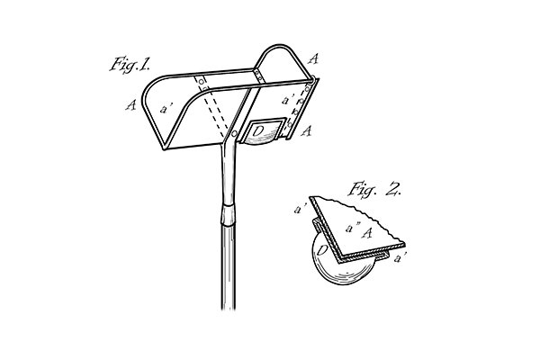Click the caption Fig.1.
130,65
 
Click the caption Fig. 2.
374,189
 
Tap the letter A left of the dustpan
130,104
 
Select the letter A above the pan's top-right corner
313,58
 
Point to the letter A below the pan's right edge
307,130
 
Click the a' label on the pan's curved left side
166,109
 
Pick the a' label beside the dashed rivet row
288,100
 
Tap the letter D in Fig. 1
257,130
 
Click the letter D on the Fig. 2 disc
321,250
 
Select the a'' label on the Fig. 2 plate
353,228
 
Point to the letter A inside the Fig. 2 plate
367,233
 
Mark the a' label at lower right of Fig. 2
400,257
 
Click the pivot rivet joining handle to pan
235,134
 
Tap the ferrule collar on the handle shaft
228,214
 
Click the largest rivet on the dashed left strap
201,82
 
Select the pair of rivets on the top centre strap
258,76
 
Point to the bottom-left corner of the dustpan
165,148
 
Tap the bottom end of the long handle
229,309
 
